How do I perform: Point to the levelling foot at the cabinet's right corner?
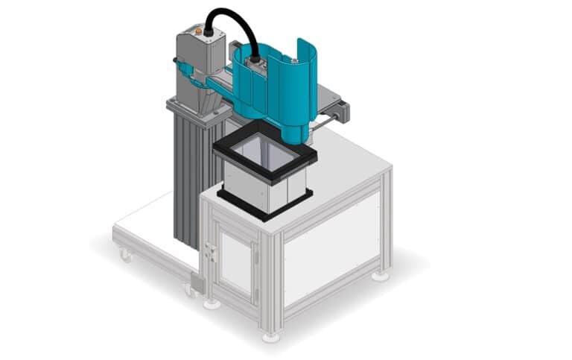click(380, 275)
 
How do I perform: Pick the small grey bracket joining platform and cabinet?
click(198, 282)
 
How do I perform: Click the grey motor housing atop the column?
click(199, 52)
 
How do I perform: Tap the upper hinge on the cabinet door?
click(258, 236)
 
